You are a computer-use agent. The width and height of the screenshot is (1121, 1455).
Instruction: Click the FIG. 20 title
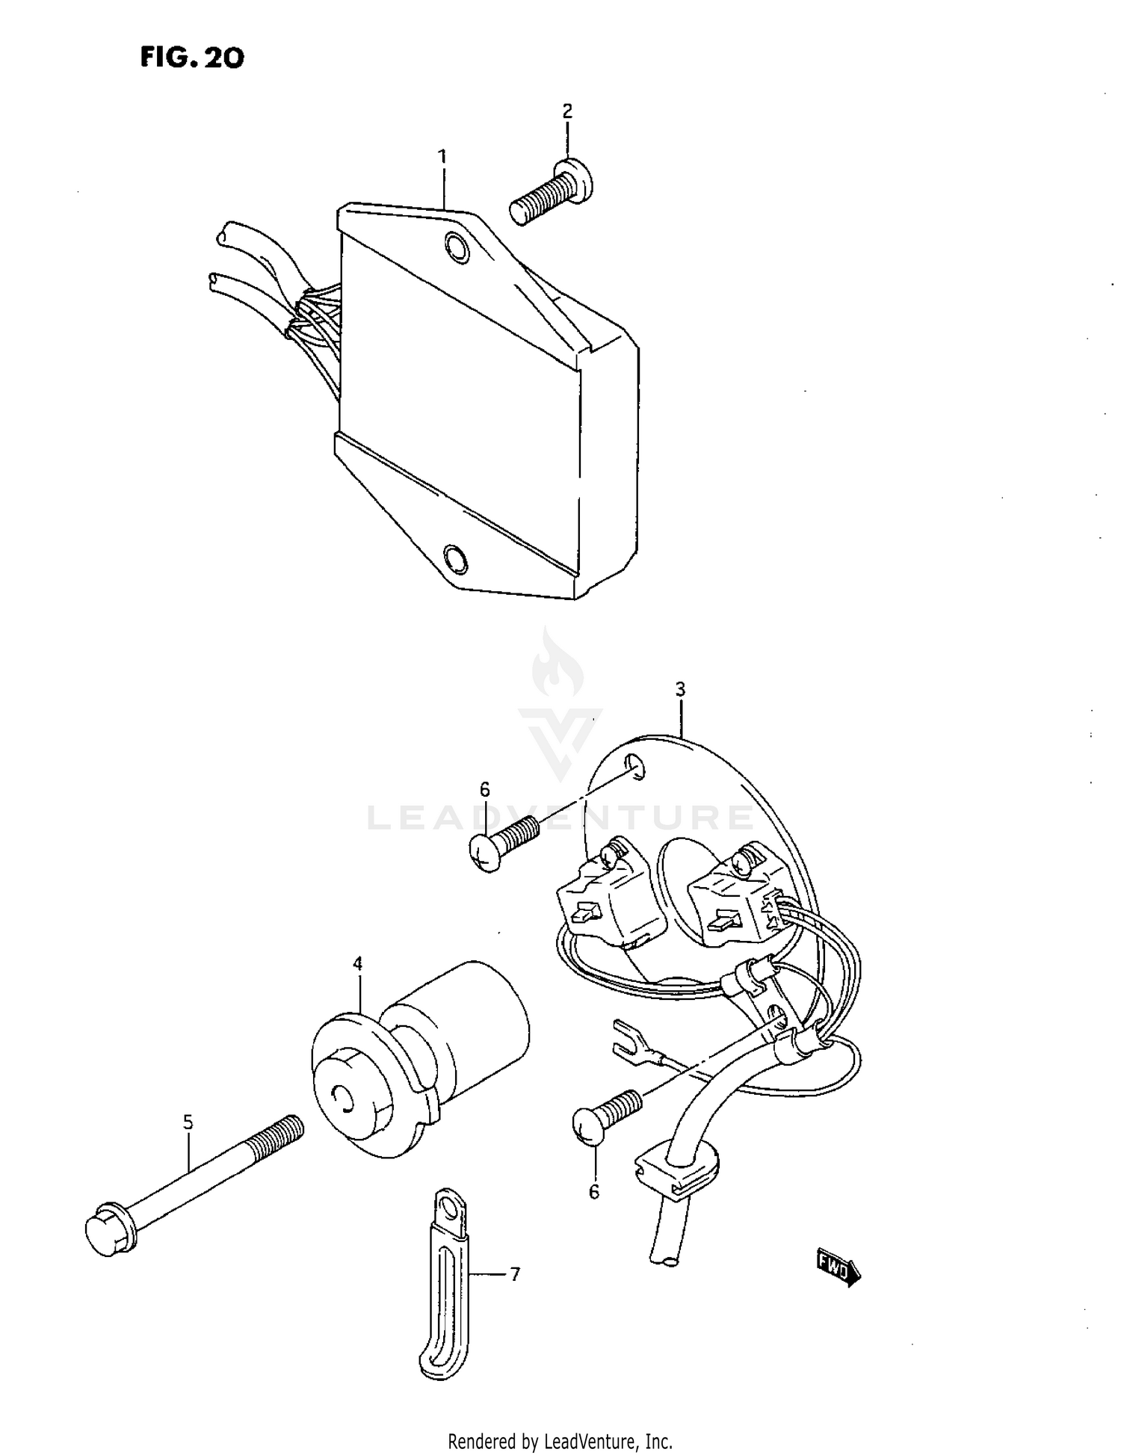192,58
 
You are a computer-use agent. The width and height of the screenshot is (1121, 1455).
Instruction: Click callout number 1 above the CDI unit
442,157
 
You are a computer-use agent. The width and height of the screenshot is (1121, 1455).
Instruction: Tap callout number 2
567,111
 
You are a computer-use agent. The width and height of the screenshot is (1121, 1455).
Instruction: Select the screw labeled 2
552,192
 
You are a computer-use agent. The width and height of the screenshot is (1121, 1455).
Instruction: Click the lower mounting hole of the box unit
454,557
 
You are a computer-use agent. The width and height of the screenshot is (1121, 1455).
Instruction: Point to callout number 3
680,689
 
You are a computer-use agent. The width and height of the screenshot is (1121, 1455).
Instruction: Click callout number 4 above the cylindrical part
358,964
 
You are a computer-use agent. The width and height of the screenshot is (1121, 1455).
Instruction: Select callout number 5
188,1122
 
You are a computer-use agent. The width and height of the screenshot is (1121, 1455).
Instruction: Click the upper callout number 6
485,789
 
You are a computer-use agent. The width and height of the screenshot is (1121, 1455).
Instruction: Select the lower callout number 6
594,1192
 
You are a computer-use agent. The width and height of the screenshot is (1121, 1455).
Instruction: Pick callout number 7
515,1274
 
